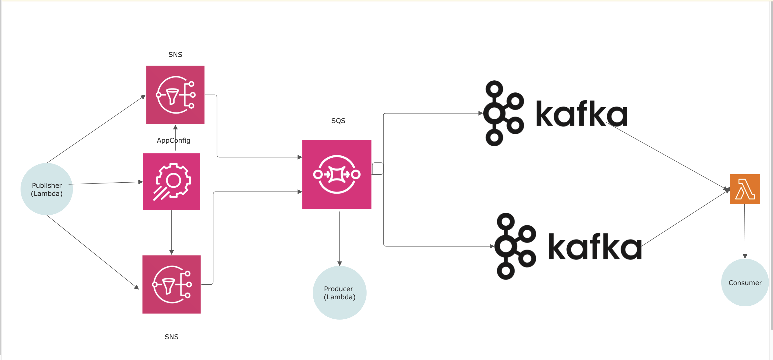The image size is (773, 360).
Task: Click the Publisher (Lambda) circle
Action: pos(47,189)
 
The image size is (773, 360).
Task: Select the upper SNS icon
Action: pos(175,95)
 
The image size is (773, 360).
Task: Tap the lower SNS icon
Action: pos(172,284)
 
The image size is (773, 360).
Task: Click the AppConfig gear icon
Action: pos(172,182)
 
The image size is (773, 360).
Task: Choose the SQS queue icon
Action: pos(337,174)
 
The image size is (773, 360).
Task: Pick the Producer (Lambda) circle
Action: pos(340,292)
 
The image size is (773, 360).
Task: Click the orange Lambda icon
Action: pos(745,189)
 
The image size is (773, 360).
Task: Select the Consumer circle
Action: pos(745,282)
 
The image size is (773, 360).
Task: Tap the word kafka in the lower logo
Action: pos(595,246)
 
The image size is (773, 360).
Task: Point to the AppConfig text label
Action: pos(173,140)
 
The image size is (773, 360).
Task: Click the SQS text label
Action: pos(338,120)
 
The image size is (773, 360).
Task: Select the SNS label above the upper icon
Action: pos(175,55)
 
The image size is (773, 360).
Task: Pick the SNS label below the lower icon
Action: pos(172,337)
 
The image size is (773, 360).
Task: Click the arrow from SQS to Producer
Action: pos(340,238)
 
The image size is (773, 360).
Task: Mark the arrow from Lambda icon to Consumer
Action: pos(745,231)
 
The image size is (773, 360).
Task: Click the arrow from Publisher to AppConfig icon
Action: pos(106,183)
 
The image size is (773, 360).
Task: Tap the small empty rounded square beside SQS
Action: pos(378,169)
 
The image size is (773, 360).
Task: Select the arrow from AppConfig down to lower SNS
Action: pos(172,233)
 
